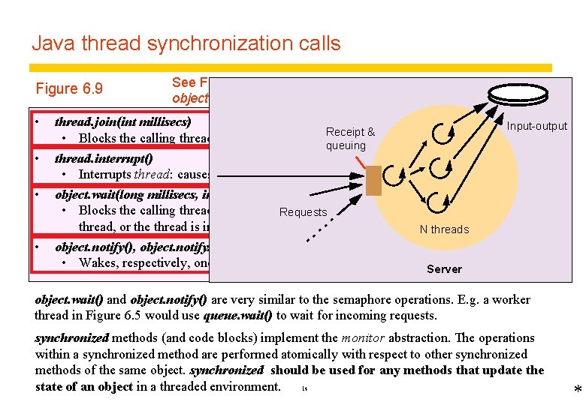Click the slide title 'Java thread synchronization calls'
pos(186,43)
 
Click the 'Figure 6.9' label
pos(68,88)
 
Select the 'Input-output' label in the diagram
pos(536,126)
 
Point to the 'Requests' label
pos(303,212)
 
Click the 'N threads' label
pos(444,229)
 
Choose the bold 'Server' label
pos(444,268)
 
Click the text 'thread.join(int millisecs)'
pos(123,121)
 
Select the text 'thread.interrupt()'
pos(104,157)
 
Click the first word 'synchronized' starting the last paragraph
pos(71,338)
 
